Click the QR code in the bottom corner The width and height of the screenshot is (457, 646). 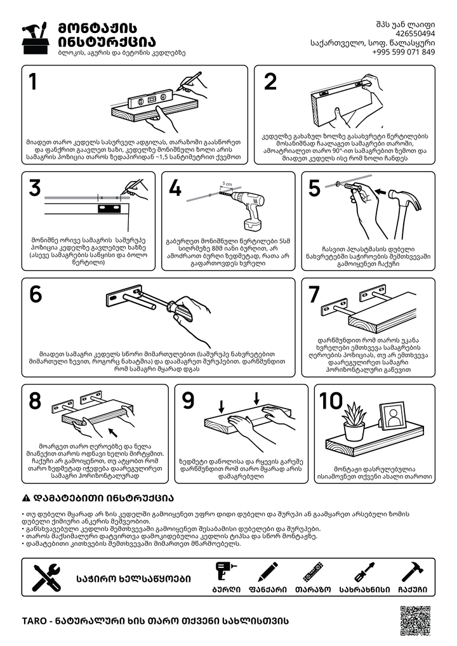415,621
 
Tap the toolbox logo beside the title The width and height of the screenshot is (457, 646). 36,38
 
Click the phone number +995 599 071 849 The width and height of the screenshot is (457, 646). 403,52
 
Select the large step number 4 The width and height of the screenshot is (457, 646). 175,188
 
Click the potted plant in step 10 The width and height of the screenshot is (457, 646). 354,421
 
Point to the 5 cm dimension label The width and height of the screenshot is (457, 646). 227,184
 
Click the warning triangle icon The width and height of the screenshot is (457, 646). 26,498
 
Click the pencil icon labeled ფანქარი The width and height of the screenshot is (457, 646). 268,572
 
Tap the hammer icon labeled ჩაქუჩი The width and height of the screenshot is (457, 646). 413,572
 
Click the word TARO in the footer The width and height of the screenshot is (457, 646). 34,621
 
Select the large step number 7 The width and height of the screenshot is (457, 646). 314,294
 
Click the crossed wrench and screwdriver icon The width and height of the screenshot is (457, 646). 47,577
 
